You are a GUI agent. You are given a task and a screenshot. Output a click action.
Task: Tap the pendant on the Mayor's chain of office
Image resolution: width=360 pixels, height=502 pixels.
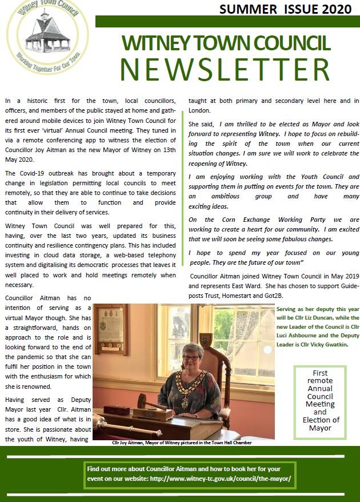185,403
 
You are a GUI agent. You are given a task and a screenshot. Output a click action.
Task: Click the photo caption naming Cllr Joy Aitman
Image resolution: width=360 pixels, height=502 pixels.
181,443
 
